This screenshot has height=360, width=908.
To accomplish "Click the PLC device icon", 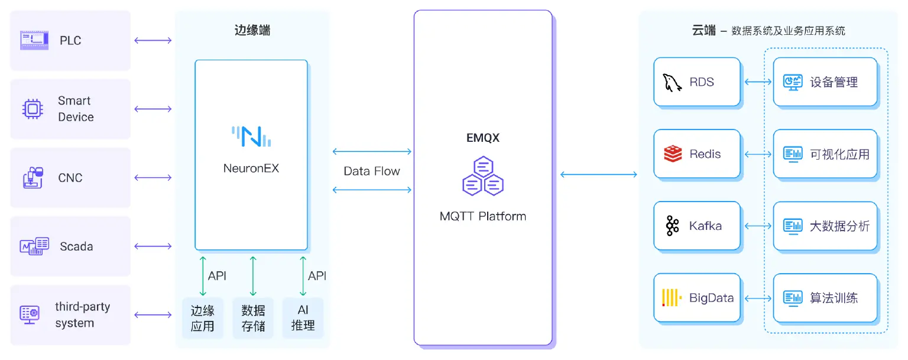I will pos(34,40).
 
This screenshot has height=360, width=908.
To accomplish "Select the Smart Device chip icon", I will pos(33,109).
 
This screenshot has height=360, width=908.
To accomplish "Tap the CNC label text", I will pos(70,178).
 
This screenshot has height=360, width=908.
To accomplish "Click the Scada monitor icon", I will pos(34,247).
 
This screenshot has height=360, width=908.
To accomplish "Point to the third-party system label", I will pos(82,315).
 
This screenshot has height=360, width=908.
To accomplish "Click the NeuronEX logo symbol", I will pos(251,136).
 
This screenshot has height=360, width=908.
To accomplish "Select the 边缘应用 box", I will pos(202,318).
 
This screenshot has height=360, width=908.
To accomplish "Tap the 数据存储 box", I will pos(253,318).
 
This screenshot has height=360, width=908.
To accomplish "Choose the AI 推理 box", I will pos(303,318).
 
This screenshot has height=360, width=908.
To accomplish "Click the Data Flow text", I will pos(372,171).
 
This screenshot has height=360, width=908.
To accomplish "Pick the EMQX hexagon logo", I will pos(482,176).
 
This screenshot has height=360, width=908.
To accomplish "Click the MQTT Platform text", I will pos(482,216).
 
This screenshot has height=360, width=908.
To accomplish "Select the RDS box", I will pos(696,82).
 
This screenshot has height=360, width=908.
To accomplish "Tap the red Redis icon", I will pos(672,154).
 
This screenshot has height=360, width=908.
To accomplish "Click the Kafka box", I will pos(696,226).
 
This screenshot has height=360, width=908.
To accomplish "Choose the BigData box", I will pos(696,298).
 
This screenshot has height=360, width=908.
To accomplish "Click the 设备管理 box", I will pos(825,82).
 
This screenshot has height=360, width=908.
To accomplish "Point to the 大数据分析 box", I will pos(825,226).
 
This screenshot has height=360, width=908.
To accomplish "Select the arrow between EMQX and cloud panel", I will pos(598,174).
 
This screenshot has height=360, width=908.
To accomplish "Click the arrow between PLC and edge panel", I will pos(153,41).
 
